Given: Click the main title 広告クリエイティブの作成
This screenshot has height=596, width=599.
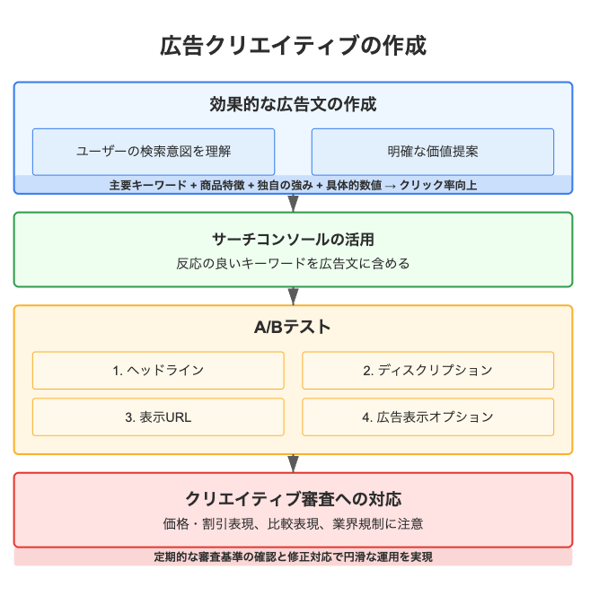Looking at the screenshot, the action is pyautogui.click(x=293, y=46).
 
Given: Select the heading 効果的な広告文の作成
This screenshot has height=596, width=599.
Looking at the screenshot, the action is pyautogui.click(x=293, y=104).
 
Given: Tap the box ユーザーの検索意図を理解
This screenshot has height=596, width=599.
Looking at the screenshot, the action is pyautogui.click(x=154, y=152).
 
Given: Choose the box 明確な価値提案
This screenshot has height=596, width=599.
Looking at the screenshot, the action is pyautogui.click(x=433, y=152).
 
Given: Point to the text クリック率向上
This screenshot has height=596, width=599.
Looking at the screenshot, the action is pyautogui.click(x=438, y=186).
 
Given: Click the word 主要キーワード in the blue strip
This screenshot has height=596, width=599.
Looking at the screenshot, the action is pyautogui.click(x=147, y=186).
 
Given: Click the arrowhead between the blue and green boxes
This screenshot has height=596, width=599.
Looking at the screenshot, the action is pyautogui.click(x=293, y=203).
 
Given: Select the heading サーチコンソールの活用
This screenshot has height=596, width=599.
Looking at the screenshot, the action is pyautogui.click(x=293, y=240).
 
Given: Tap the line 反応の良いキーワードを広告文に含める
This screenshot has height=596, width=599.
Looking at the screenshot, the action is pyautogui.click(x=293, y=264).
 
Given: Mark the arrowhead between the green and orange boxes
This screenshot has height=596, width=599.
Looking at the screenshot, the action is pyautogui.click(x=293, y=296).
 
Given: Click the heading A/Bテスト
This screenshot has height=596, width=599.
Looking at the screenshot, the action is pyautogui.click(x=292, y=328).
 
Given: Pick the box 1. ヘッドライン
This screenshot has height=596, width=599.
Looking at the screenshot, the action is pyautogui.click(x=158, y=371).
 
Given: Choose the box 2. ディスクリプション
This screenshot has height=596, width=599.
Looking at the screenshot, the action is pyautogui.click(x=427, y=371).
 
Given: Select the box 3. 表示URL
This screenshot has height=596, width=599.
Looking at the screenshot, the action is pyautogui.click(x=158, y=417).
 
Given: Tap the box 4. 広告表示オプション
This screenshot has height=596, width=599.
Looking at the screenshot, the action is pyautogui.click(x=427, y=417).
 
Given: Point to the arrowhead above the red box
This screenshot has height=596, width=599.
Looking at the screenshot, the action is pyautogui.click(x=293, y=463).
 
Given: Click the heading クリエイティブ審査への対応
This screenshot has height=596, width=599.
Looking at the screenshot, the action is pyautogui.click(x=293, y=499).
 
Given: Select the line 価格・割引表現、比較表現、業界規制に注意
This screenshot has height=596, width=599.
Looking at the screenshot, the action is pyautogui.click(x=293, y=524).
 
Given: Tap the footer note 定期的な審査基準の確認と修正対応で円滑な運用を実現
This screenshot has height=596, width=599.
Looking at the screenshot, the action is pyautogui.click(x=293, y=557).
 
